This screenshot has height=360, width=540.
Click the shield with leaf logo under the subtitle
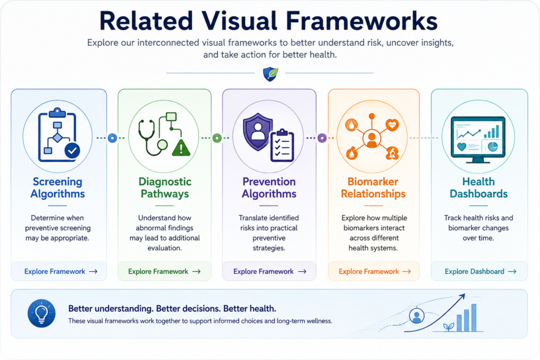click(271, 74)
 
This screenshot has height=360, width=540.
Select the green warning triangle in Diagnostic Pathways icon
click(180, 148)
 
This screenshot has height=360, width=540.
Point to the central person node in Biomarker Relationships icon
click(372, 138)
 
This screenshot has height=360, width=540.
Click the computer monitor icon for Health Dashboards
click(478, 139)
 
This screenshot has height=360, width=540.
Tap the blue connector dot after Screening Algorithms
click(112, 138)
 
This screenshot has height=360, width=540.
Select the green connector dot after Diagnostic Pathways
click(217, 138)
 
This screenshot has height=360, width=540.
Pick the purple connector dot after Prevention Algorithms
click(322, 138)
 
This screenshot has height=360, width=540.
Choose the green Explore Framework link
click(165, 271)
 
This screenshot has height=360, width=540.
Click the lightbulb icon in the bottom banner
click(41, 313)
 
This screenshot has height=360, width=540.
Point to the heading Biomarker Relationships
click(373, 188)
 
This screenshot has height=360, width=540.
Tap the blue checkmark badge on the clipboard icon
click(72, 150)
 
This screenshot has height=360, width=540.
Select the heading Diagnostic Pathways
click(165, 188)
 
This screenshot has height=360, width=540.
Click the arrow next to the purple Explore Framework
click(302, 271)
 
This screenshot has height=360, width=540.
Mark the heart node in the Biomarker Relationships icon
click(392, 124)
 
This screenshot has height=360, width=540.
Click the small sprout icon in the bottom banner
click(448, 326)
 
